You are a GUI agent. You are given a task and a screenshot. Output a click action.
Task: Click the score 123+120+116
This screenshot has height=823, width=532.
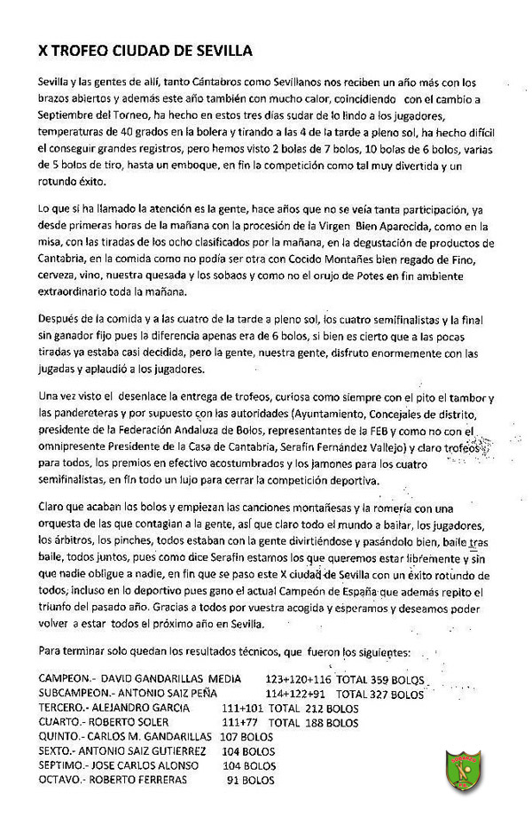click(x=297, y=679)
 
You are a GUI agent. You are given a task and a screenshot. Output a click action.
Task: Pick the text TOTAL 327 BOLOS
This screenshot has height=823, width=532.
click(x=379, y=694)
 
